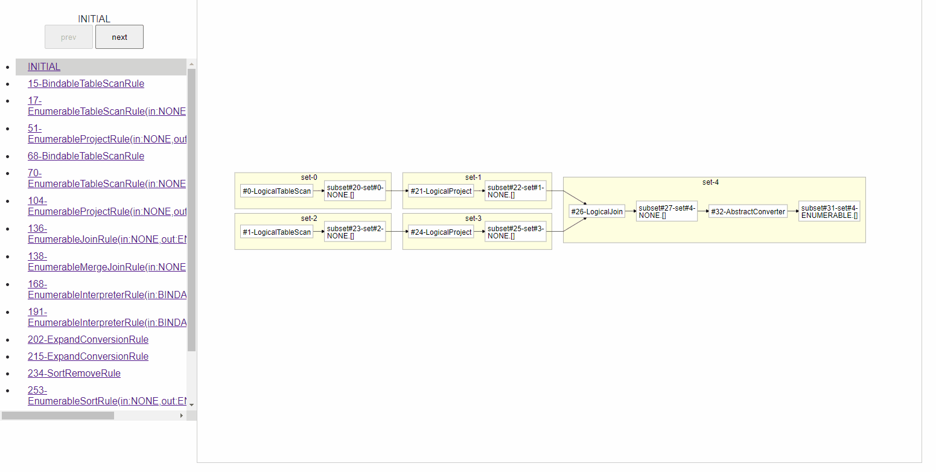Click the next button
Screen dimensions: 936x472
(x=119, y=37)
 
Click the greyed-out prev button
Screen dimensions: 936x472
(x=69, y=37)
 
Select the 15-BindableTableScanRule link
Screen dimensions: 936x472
(x=86, y=84)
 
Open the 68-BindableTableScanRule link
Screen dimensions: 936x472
(x=86, y=156)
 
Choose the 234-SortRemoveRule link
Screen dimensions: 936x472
(x=74, y=374)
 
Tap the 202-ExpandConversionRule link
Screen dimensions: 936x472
(x=88, y=340)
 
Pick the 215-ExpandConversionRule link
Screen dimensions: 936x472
(x=88, y=357)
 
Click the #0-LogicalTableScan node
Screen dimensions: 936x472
(x=277, y=191)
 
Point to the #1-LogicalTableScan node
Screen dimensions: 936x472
(x=277, y=232)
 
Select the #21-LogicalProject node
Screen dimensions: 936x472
(x=441, y=191)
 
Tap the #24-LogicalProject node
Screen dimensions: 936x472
(x=441, y=232)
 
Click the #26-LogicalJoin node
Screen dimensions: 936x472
(x=597, y=212)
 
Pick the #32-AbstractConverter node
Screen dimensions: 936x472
(x=748, y=212)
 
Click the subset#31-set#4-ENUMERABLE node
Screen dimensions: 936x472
(x=829, y=212)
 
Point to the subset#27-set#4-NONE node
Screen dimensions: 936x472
(x=667, y=212)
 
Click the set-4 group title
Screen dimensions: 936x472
(x=711, y=182)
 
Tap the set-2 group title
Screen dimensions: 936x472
(x=309, y=218)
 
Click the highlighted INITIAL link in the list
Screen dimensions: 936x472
(x=44, y=67)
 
